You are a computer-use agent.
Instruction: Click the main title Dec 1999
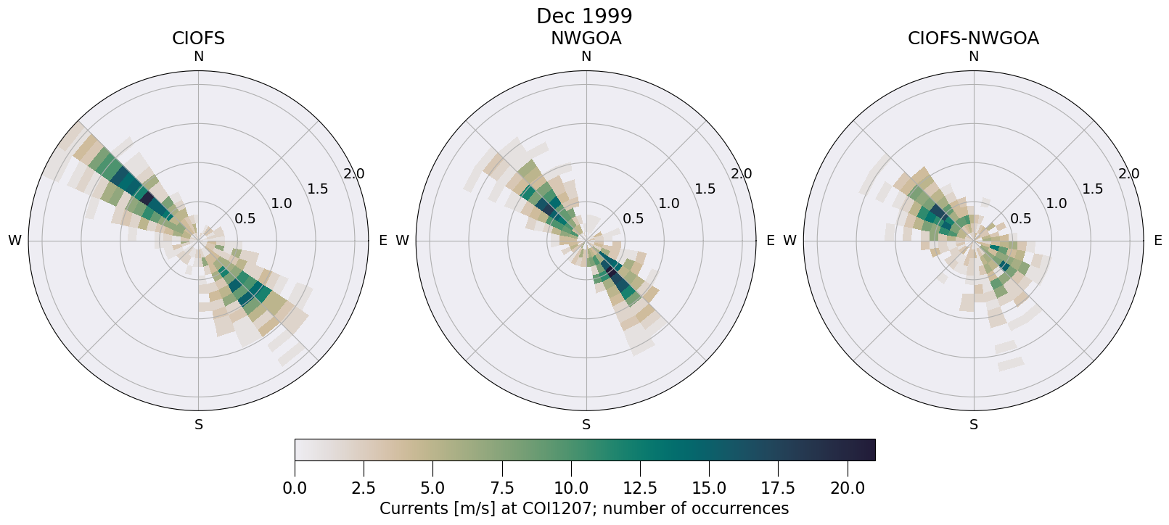point(584,16)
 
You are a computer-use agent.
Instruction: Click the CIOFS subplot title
point(198,38)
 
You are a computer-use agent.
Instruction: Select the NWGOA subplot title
point(586,38)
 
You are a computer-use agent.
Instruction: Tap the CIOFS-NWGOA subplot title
point(973,38)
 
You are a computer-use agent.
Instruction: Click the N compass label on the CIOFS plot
point(198,57)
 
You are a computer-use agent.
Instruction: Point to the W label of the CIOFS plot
point(15,241)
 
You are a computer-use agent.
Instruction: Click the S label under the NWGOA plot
point(586,425)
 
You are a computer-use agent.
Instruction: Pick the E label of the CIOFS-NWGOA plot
point(1157,241)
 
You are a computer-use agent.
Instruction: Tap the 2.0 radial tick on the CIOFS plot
point(354,174)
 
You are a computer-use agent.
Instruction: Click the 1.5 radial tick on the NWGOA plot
point(705,189)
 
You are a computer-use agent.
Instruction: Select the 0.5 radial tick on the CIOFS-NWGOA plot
point(1020,218)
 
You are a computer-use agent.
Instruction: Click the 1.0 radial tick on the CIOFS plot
point(282,204)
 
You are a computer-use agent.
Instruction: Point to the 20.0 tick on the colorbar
point(848,489)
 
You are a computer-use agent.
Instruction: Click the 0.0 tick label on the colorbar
point(295,489)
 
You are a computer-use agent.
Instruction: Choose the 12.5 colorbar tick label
point(640,489)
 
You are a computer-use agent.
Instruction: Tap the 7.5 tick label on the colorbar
point(502,489)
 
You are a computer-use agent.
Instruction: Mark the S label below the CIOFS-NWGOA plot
point(974,425)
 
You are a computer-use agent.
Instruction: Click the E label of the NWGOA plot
point(770,241)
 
